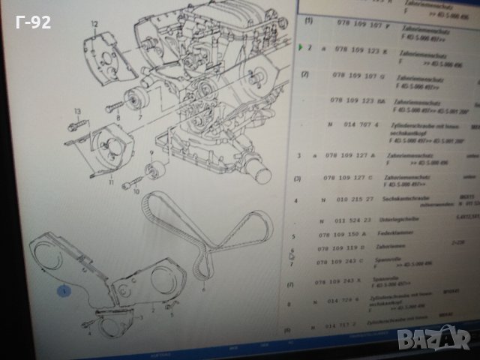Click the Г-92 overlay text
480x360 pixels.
34,22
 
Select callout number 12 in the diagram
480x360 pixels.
94,25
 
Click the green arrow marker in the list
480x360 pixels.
300,48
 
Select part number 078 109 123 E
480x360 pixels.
357,51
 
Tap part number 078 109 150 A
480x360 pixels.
349,235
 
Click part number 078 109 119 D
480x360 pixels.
349,248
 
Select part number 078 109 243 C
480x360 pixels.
348,262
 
